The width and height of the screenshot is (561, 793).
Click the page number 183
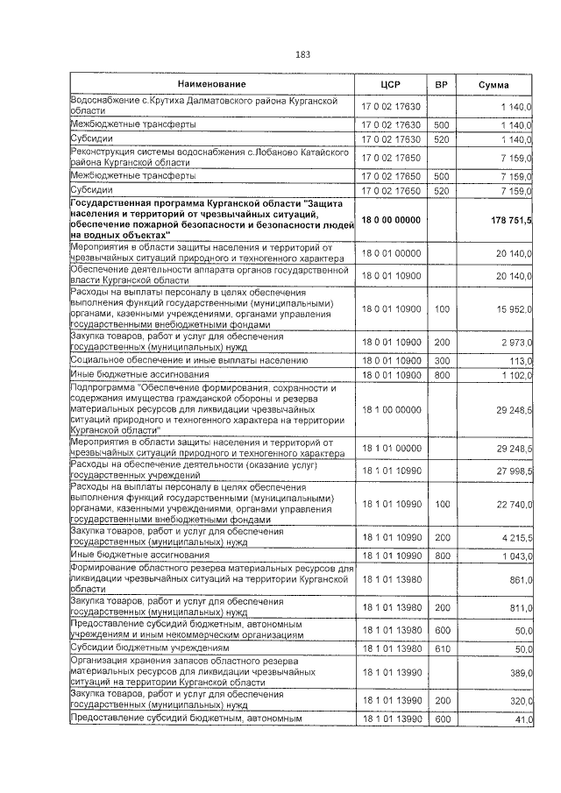[303, 54]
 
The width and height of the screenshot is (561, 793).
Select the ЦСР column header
[391, 84]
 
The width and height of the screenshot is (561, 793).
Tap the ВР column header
[442, 84]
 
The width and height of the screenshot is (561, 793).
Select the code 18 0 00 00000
[391, 220]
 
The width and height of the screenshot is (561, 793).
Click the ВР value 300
[442, 360]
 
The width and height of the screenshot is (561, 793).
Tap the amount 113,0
[520, 360]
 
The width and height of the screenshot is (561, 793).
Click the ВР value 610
[442, 648]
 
